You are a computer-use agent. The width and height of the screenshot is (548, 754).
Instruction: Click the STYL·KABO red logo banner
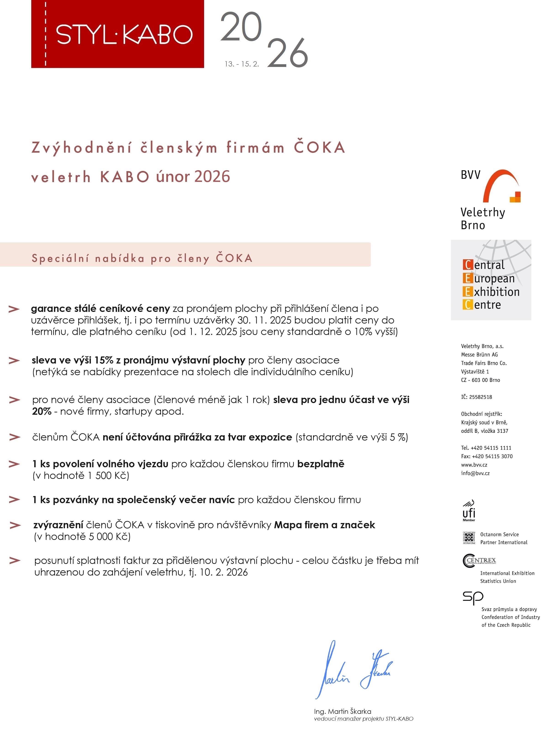coord(117,34)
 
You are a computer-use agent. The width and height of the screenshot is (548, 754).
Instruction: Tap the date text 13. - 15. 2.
coord(242,64)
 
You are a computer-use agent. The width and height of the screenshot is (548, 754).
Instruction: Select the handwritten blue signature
coord(354,672)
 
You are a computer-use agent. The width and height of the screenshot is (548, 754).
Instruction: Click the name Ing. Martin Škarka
coord(343,712)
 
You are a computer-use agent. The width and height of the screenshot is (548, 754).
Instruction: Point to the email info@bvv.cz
coord(475,473)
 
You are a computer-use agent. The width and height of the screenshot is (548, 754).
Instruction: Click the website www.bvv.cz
coord(474,465)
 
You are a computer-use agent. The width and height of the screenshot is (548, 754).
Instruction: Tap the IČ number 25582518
coord(481,397)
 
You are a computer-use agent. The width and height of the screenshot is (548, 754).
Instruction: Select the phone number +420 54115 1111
coord(491,448)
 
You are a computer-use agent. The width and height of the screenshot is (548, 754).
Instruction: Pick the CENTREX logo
coord(479,561)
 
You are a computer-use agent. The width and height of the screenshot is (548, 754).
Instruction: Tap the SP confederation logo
coord(473,597)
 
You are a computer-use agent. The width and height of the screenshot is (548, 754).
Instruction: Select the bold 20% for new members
coord(42,412)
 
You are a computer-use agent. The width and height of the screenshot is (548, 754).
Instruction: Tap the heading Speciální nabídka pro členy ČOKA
coord(142,258)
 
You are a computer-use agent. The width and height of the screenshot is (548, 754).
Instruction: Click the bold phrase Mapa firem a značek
coord(324,525)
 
